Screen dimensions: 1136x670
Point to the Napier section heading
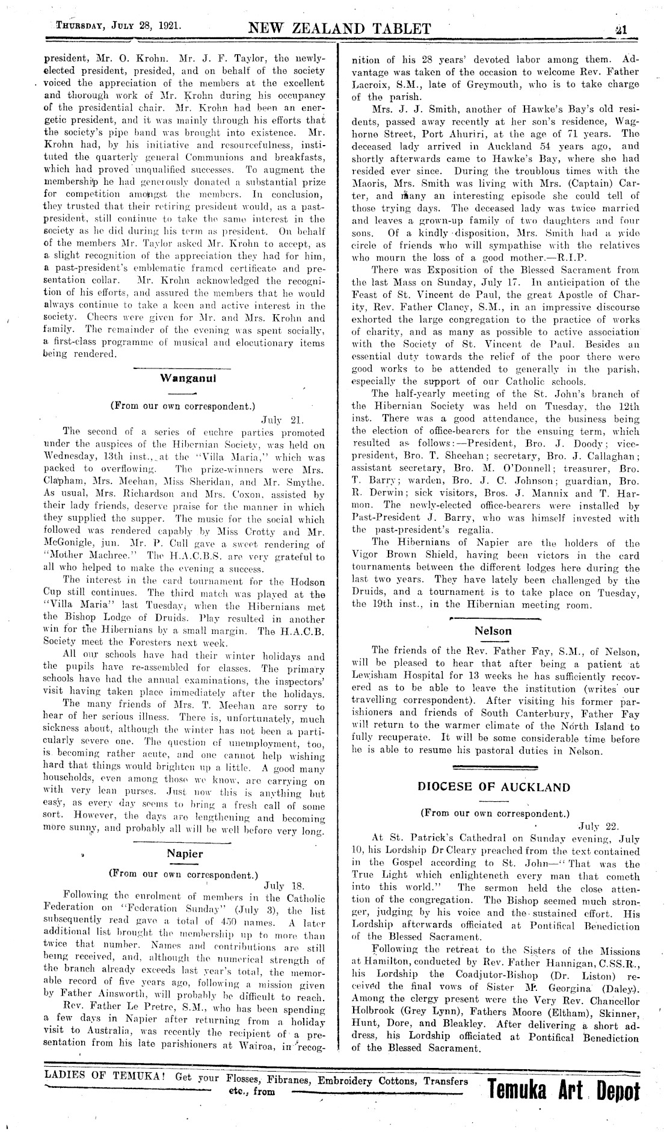(x=185, y=853)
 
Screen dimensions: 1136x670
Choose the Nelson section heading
(x=493, y=631)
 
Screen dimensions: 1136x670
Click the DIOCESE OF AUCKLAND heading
(x=494, y=787)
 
